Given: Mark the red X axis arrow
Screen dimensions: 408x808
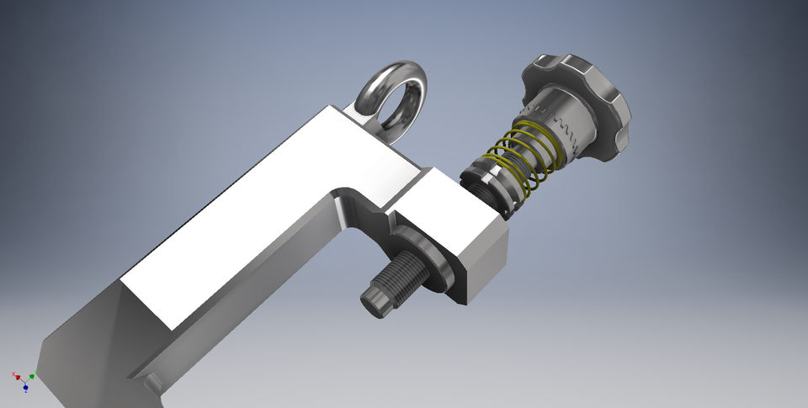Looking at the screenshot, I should click(x=19, y=377).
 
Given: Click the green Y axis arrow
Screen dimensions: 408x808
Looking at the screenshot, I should click(x=32, y=374).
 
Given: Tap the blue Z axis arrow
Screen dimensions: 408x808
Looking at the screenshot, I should click(x=26, y=388).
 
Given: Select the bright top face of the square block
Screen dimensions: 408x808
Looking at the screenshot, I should click(x=446, y=210).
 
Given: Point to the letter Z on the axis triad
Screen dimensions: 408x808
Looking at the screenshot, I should click(x=26, y=393).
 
